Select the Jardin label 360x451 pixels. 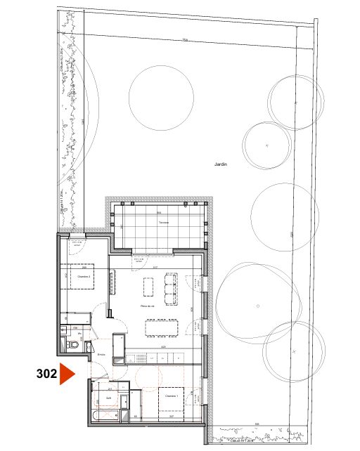pos(222,164)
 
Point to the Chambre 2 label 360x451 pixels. pos(83,277)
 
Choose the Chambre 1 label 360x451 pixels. pos(172,396)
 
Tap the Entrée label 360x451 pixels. pos(101,354)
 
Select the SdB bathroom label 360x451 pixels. pos(108,397)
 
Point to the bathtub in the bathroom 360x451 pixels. pos(104,417)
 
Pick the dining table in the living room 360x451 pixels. pos(162,327)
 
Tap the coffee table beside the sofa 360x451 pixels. pos(149,287)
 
